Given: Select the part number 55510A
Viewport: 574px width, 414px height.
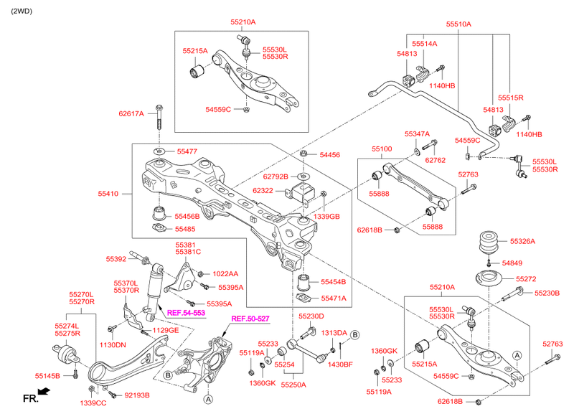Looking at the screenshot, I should (458, 24).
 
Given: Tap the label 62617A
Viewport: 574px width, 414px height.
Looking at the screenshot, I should (131, 113).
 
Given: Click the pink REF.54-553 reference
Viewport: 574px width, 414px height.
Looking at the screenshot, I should (186, 313).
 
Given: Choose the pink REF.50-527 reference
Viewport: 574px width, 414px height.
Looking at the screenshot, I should (250, 319).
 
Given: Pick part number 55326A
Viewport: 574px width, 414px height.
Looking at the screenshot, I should (522, 242).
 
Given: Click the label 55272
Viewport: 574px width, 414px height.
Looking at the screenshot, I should (526, 278).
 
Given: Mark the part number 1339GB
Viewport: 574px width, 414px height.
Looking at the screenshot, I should (326, 216).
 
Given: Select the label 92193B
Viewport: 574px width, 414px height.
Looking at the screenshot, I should (137, 395).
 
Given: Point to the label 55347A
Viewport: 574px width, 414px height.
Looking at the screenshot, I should (417, 134).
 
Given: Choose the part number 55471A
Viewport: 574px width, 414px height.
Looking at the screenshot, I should (333, 298).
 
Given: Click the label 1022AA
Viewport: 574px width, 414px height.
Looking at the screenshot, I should (225, 273).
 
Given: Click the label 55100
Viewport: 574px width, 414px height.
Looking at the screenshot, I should (382, 149).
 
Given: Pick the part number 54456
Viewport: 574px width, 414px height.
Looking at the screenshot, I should (330, 154).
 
